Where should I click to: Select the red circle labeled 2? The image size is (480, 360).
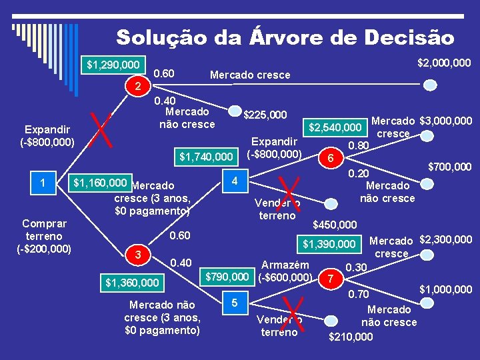coord(137,87)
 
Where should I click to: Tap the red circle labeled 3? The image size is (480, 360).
coord(137,254)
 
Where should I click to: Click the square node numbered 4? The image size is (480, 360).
coord(233,181)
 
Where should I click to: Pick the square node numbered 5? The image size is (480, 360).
coord(233,303)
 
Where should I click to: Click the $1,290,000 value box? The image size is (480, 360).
coord(113,65)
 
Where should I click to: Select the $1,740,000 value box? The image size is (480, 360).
coord(206,157)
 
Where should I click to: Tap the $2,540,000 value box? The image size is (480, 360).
coord(335,127)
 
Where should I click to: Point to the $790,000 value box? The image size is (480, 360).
coord(227,276)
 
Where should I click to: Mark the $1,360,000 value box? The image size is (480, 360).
coord(132,283)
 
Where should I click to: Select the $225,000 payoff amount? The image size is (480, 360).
coord(265,115)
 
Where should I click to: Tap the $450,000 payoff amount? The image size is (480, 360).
coord(335,225)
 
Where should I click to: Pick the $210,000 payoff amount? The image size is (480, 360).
coord(351,337)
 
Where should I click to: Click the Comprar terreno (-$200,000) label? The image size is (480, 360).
coord(43,236)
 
